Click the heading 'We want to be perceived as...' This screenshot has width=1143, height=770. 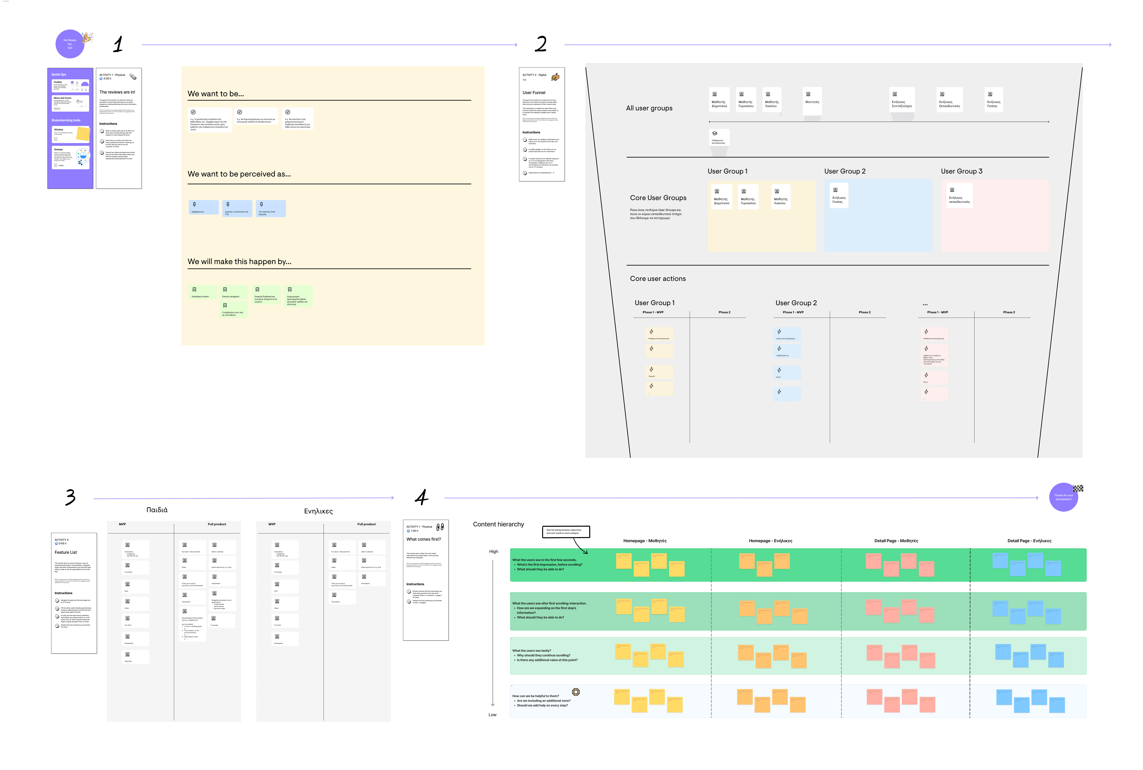[x=239, y=174]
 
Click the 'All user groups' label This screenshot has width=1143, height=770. [x=649, y=108]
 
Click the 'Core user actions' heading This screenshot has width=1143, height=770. [x=657, y=278]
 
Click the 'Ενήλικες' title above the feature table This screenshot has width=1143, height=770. [x=318, y=511]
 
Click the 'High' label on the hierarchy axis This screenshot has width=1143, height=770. [x=493, y=552]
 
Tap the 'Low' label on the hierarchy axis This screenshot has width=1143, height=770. [x=492, y=715]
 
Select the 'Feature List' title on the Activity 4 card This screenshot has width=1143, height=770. [x=66, y=552]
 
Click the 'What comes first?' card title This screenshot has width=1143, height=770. [x=423, y=539]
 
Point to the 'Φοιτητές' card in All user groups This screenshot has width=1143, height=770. [x=812, y=101]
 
